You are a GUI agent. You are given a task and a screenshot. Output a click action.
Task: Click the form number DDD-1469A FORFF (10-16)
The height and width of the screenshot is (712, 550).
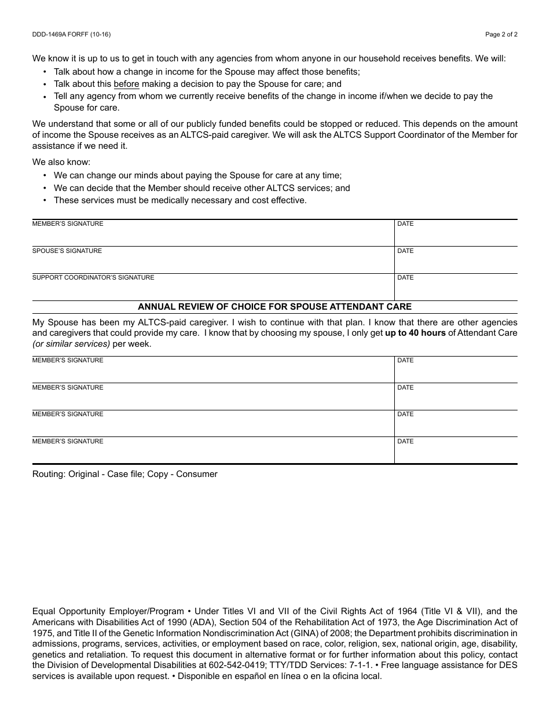(71, 35)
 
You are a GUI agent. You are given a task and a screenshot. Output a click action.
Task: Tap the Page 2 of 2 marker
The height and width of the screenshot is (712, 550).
(501, 35)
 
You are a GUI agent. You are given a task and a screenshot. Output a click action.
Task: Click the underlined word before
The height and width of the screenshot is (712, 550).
(126, 84)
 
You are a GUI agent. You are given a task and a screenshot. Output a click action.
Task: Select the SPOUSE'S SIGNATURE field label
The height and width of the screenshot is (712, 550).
(67, 251)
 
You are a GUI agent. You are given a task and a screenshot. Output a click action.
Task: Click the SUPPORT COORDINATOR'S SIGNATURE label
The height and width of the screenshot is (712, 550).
(93, 278)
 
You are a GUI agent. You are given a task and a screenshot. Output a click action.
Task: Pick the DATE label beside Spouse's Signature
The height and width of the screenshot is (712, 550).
(405, 251)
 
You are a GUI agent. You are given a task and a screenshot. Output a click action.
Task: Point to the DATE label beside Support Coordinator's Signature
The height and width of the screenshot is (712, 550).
(405, 278)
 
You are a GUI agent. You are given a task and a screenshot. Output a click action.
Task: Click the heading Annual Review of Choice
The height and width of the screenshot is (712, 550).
(274, 307)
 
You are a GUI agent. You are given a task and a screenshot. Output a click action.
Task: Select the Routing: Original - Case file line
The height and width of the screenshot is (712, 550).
(125, 474)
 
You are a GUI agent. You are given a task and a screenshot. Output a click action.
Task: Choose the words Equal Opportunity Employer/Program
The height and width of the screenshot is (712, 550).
(108, 611)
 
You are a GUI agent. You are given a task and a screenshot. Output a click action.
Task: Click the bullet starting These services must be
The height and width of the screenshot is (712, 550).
(180, 200)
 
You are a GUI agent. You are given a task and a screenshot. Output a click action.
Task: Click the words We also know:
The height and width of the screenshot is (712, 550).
(61, 162)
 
